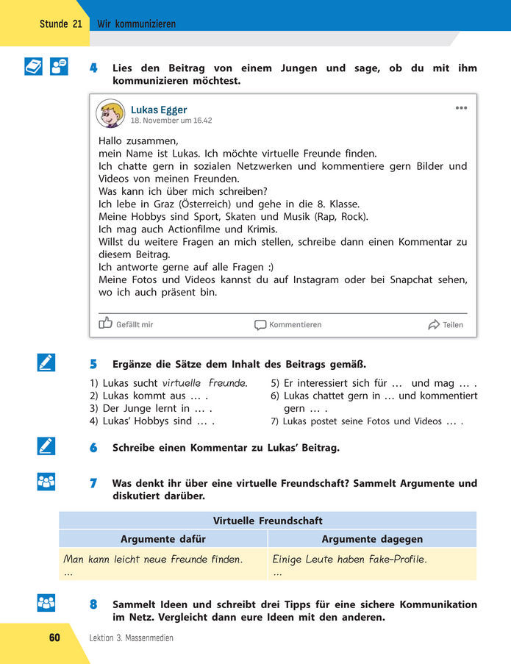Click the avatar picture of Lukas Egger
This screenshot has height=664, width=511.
[x=110, y=113]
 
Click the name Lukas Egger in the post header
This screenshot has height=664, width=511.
[x=159, y=110]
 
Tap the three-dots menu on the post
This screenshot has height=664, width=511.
[x=461, y=107]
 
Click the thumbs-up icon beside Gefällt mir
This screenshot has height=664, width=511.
[x=106, y=323]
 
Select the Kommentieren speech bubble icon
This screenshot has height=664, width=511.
[x=260, y=324]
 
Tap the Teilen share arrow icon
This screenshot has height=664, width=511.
[x=434, y=324]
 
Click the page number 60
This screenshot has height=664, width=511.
[x=55, y=638]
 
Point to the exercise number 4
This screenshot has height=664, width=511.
[x=93, y=68]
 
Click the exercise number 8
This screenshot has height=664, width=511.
[x=93, y=604]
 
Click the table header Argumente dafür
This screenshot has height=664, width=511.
[x=163, y=539]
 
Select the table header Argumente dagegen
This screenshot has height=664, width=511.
[x=372, y=539]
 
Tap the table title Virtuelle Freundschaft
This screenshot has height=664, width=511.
[x=268, y=521]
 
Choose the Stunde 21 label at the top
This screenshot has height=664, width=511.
[x=61, y=24]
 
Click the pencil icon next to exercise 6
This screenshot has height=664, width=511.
[x=46, y=446]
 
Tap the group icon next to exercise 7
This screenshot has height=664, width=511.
[x=46, y=482]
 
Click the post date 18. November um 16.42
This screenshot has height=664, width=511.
[x=171, y=121]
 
